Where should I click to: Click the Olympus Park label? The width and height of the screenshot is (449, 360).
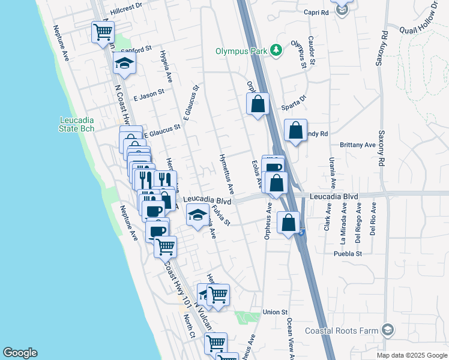(x=241, y=51)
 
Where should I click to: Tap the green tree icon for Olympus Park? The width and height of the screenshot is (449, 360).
(x=276, y=50)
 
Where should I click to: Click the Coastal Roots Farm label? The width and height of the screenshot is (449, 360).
(x=342, y=331)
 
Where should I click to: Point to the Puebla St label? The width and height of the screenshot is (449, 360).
(x=348, y=254)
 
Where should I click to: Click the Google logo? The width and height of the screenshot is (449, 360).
(x=20, y=353)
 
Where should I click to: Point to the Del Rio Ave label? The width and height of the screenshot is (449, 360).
(x=373, y=218)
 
